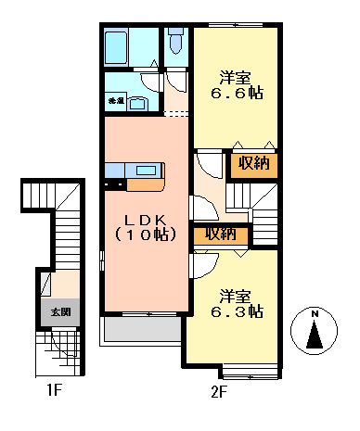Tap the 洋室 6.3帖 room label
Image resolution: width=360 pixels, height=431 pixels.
tap(235, 304)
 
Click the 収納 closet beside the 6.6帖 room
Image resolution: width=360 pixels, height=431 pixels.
tap(252, 164)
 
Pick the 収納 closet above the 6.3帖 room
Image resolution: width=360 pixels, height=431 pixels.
tap(219, 235)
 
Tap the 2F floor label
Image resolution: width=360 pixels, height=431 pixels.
tap(218, 391)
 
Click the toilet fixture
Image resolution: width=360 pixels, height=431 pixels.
tap(176, 43)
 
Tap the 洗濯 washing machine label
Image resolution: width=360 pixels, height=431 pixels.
tap(116, 100)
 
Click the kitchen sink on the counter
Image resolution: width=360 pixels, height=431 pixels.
tap(148, 170)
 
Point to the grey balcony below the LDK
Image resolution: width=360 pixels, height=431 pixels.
tap(142, 331)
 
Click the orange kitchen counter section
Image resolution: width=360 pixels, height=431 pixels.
tap(144, 184)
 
